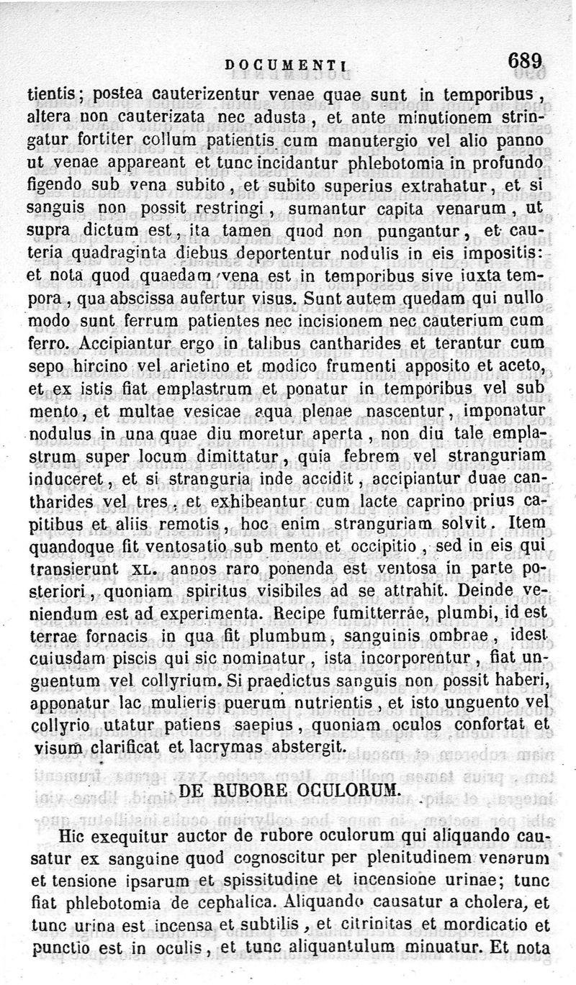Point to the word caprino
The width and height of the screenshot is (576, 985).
(410, 499)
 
